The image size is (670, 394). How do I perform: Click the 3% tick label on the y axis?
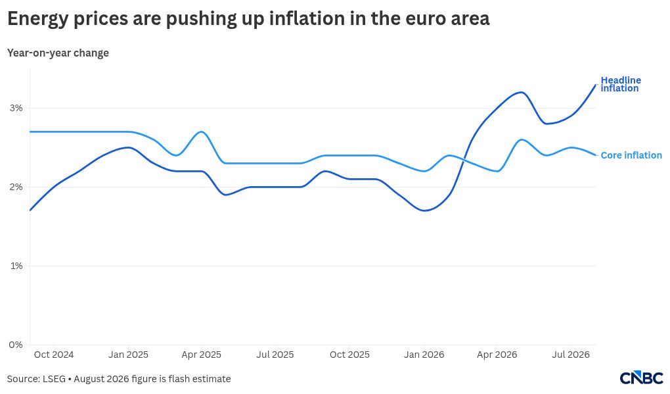tap(16, 109)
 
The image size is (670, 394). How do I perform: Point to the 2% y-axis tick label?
tap(16, 187)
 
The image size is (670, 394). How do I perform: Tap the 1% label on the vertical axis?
tap(16, 266)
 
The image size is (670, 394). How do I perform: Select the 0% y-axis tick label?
tap(16, 345)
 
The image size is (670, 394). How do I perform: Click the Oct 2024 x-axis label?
tap(54, 355)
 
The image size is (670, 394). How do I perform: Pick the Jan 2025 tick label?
tap(128, 355)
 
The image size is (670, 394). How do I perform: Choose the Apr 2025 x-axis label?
tap(201, 355)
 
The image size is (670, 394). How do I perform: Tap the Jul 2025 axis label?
tap(275, 355)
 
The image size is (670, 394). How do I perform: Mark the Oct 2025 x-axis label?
tap(349, 355)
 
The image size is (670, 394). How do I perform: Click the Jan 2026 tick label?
tap(424, 355)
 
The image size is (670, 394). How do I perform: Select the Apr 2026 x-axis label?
tap(497, 355)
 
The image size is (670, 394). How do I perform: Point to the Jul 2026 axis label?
tap(571, 355)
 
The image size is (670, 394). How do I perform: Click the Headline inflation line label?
tap(621, 84)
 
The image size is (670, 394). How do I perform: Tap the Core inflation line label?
tap(631, 155)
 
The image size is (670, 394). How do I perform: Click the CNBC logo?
tap(641, 378)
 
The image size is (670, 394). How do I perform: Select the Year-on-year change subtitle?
tap(58, 53)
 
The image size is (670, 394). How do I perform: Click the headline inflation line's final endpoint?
tap(596, 85)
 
